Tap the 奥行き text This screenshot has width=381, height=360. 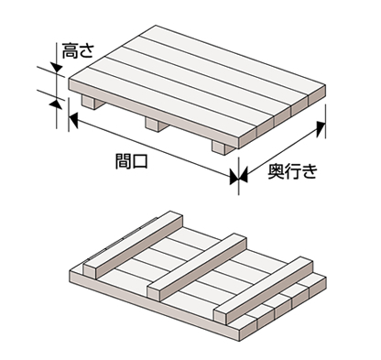point(292,170)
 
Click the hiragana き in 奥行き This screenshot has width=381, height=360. point(310,171)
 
